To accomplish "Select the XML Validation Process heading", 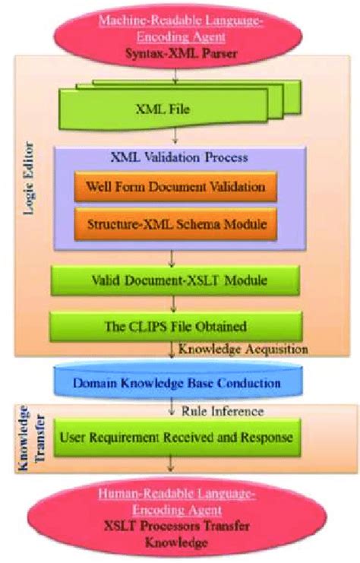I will click(x=180, y=158).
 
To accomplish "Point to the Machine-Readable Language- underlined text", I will click(x=180, y=21).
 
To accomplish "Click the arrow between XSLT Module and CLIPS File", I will click(x=176, y=304).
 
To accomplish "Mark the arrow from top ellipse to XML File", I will click(x=176, y=74).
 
